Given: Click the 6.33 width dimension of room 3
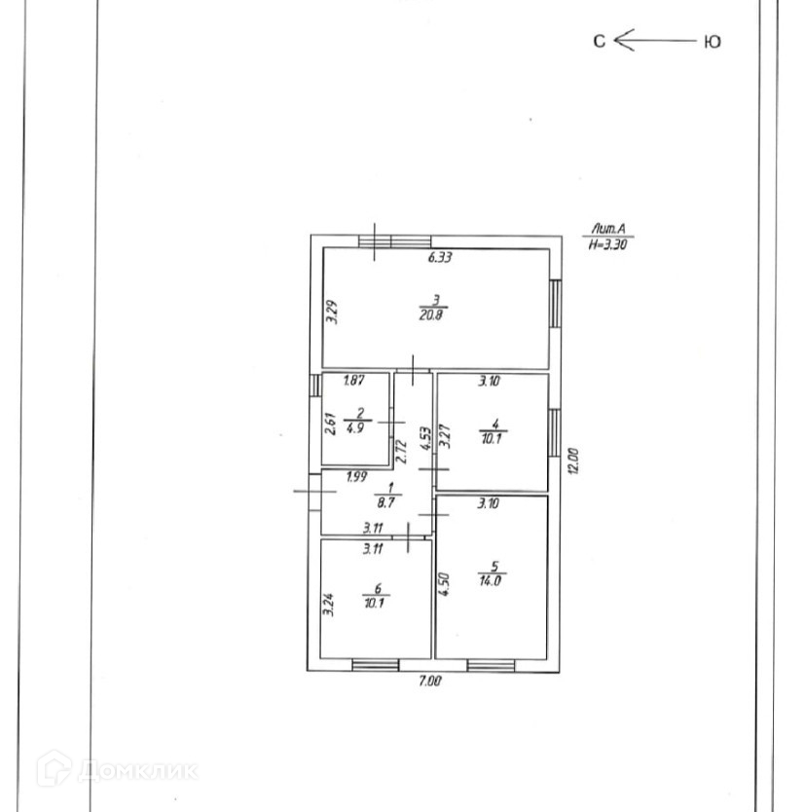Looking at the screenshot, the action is [443, 258].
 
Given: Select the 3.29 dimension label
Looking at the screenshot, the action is [331, 311].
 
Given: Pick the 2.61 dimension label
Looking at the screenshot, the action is [331, 425].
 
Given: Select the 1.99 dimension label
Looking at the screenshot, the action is [357, 476].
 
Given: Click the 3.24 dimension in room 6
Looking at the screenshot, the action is [328, 595].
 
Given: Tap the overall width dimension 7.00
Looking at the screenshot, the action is [429, 682].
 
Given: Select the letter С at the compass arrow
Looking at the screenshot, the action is [600, 41].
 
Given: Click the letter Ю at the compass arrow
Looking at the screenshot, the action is [712, 42].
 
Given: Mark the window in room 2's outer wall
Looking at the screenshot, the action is [314, 387].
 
